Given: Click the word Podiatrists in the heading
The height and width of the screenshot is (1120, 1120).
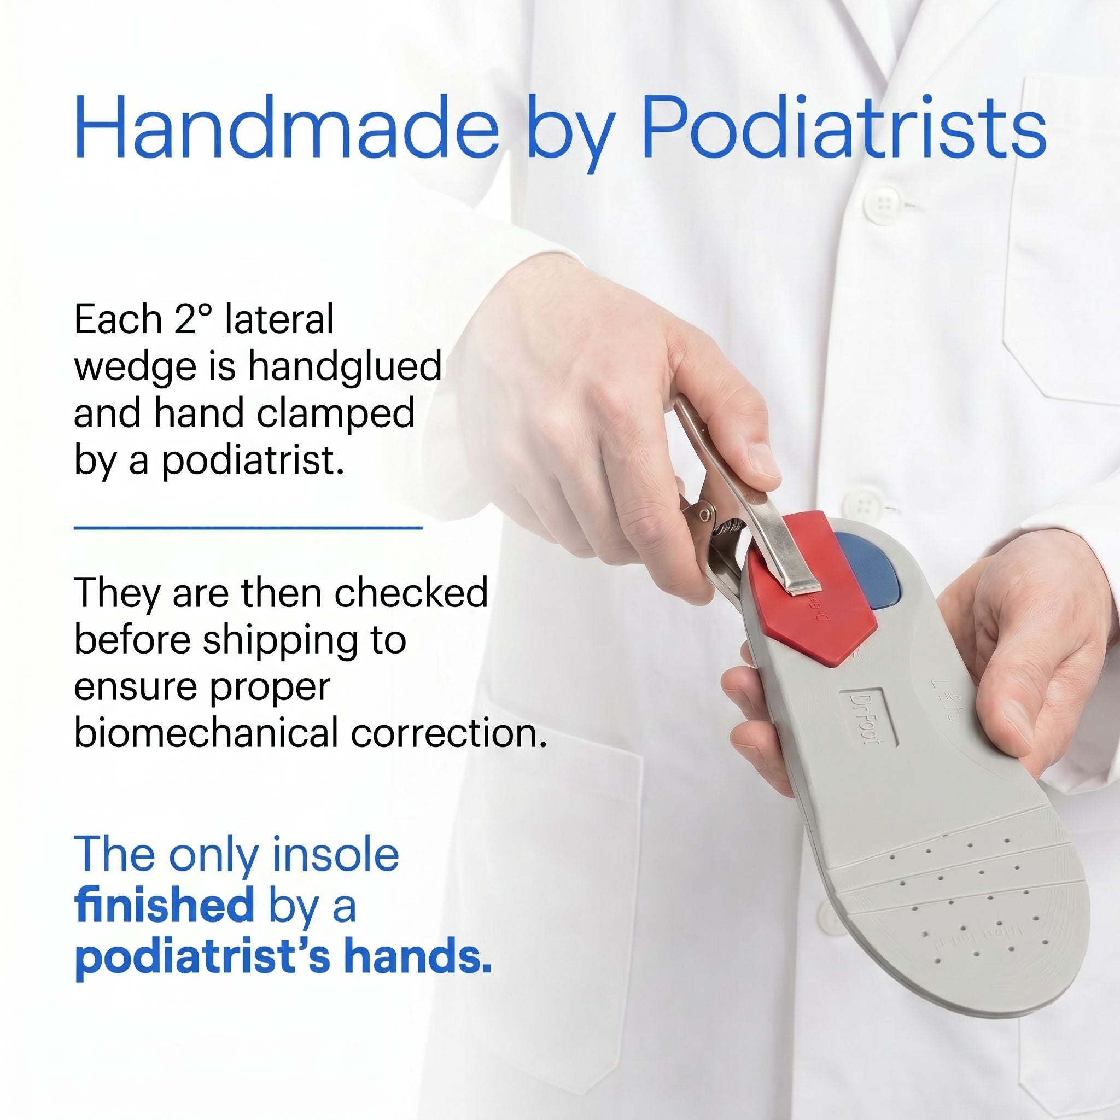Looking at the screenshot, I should tap(844, 126).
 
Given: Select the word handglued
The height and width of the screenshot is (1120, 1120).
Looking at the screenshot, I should tap(345, 367).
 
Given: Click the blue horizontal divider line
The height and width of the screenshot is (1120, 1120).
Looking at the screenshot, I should tap(248, 528).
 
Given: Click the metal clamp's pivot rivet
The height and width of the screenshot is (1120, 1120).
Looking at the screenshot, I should tap(704, 515).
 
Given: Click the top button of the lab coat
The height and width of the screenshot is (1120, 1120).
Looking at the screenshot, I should tap(884, 203).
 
